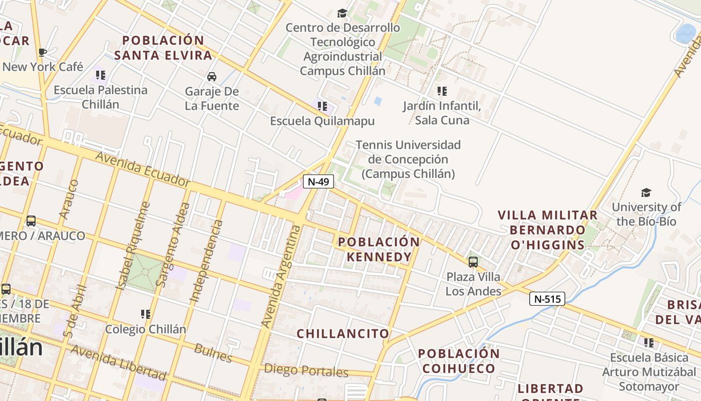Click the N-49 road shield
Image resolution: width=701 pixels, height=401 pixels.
pos(318,181)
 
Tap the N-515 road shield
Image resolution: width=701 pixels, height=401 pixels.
pos(547,299)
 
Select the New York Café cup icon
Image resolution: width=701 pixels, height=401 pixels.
pos(43,52)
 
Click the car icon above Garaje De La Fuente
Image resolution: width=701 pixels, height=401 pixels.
pos(212,77)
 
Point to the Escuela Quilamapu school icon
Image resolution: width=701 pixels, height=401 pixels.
pos(322,106)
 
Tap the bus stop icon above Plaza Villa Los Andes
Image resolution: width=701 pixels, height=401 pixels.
pos(473,262)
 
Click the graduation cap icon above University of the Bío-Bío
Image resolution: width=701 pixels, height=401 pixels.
pos(646,193)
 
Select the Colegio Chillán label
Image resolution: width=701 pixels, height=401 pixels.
pos(145,329)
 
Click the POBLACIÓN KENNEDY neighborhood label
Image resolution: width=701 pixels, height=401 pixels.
pos(379,249)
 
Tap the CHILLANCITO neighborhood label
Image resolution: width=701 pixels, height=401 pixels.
pos(343,333)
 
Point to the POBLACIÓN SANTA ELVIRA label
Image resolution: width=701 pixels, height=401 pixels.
pos(163,48)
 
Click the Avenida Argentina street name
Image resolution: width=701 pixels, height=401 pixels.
pos(282,277)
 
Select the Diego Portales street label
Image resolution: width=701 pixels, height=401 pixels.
pos(305,371)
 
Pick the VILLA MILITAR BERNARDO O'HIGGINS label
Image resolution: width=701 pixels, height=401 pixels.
pos(547,230)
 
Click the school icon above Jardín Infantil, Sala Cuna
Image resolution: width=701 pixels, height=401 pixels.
pos(442,91)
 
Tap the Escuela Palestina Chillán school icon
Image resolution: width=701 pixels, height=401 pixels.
pos(101,75)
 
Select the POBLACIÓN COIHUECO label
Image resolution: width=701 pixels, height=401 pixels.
pos(459,361)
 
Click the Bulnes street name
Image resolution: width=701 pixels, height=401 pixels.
pos(213,353)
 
